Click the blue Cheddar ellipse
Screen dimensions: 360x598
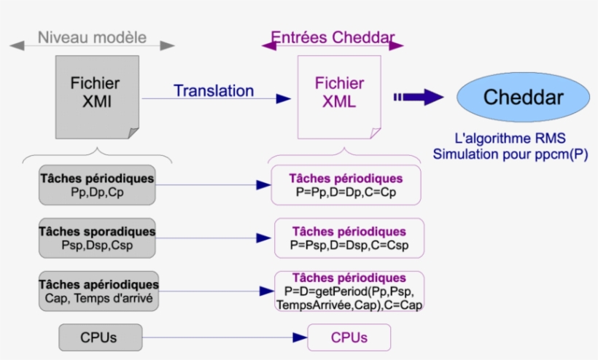pos(523,97)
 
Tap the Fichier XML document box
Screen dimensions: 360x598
pos(338,96)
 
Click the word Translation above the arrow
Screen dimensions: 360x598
pos(214,91)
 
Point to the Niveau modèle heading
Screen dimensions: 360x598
pos(92,37)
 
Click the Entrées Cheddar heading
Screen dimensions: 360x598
pos(333,37)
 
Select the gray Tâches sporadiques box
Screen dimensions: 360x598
pos(97,238)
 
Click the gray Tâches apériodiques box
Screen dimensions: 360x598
pos(98,290)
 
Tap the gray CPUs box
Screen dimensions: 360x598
pos(98,337)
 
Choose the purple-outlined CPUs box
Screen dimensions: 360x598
pos(349,337)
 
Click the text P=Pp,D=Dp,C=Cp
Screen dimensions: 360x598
pos(345,193)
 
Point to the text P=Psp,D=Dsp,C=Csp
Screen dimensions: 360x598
pos(349,246)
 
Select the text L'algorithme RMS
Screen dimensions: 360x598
pos(510,138)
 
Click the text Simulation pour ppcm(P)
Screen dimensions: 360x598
pos(510,154)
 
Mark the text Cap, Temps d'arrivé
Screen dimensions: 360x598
pos(98,297)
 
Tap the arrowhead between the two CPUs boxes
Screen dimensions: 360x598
pos(299,337)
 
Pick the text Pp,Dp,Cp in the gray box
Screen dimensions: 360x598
pos(97,193)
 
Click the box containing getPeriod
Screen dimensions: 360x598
pos(349,291)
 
